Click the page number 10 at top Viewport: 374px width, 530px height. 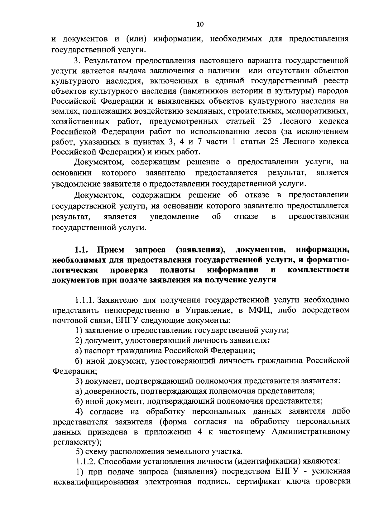pos(200,24)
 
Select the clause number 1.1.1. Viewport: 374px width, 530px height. pos(85,300)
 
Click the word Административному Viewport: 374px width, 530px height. pos(310,432)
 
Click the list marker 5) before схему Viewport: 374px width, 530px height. pos(80,451)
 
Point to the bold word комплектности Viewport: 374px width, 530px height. pos(318,270)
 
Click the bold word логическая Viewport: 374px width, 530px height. pos(75,270)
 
